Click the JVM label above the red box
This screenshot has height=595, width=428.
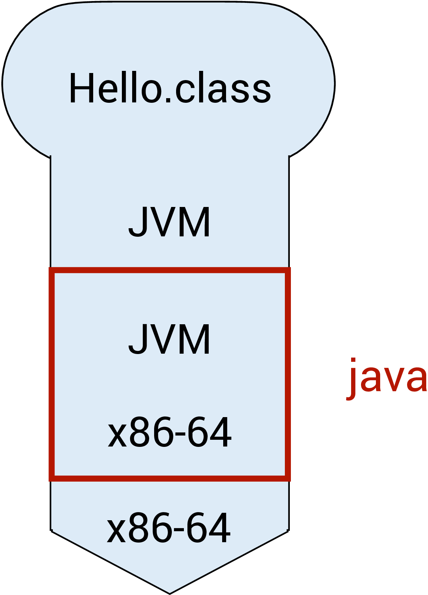(169, 222)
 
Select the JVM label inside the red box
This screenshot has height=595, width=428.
(169, 339)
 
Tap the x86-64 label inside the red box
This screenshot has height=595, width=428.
(169, 432)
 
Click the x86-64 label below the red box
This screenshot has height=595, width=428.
(169, 528)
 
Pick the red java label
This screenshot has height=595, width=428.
(387, 378)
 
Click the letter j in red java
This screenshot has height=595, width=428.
(352, 378)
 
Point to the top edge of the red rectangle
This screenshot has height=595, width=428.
(169, 270)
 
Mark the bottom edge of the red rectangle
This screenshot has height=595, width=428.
(169, 478)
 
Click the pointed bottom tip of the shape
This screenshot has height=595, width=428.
(169, 592)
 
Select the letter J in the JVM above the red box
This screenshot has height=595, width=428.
(137, 222)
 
